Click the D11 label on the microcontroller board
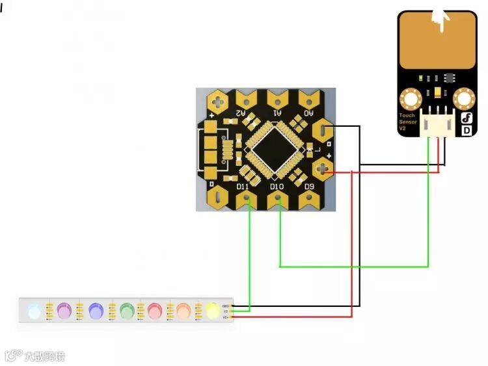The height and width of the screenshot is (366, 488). [x=243, y=187]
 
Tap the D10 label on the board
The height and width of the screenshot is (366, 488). [x=277, y=187]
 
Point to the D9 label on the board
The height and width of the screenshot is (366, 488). [x=310, y=187]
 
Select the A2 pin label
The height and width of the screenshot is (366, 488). [x=240, y=113]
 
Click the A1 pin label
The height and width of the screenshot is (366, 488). [x=277, y=113]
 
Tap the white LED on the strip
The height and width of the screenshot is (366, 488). [x=34, y=311]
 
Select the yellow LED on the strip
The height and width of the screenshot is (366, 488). [x=213, y=311]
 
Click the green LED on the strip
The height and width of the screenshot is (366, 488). [x=126, y=311]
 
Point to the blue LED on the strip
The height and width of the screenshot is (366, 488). [x=96, y=311]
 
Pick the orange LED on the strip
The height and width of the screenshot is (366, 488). [x=183, y=311]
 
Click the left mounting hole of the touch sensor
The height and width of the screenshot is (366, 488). [x=411, y=99]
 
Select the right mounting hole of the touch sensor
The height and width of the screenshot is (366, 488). [x=465, y=99]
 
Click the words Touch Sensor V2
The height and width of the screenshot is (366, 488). [x=407, y=122]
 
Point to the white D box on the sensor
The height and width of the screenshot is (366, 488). [x=467, y=130]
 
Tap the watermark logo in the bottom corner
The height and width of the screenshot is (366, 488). [x=35, y=356]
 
